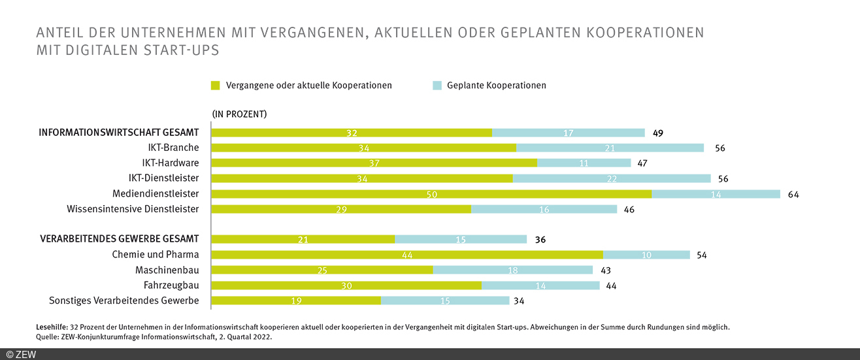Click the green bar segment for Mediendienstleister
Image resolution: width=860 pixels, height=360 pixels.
pyautogui.click(x=431, y=194)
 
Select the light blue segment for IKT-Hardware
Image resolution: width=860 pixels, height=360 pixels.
pyautogui.click(x=584, y=163)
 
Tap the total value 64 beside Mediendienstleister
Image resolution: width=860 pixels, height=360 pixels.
pyautogui.click(x=793, y=194)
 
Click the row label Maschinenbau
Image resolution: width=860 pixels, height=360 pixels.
pyautogui.click(x=167, y=270)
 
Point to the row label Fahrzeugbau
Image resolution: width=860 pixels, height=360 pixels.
pyautogui.click(x=171, y=286)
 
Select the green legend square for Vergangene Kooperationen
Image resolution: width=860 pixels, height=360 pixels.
pyautogui.click(x=216, y=86)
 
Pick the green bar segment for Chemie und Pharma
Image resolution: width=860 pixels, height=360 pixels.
pyautogui.click(x=407, y=255)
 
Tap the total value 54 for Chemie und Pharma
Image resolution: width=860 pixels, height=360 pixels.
pyautogui.click(x=701, y=255)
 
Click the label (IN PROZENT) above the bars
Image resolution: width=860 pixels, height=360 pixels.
pyautogui.click(x=239, y=114)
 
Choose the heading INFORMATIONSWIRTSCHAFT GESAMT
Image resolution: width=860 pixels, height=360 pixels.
pyautogui.click(x=119, y=133)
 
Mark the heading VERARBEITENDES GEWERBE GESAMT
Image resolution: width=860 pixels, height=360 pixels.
pyautogui.click(x=118, y=239)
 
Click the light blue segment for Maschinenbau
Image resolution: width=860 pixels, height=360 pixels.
pyautogui.click(x=512, y=270)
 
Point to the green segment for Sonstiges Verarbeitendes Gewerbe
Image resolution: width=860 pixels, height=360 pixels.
pyautogui.click(x=296, y=301)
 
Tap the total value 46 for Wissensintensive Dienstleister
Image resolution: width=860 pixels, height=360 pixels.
pyautogui.click(x=629, y=210)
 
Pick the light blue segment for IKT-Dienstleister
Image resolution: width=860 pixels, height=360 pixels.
pyautogui.click(x=612, y=178)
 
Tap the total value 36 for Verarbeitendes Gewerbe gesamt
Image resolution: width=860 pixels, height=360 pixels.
pyautogui.click(x=540, y=240)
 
